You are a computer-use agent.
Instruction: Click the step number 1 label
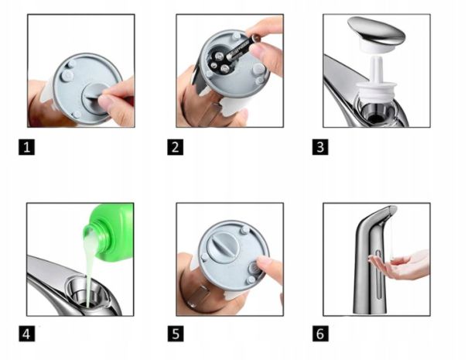pyautogui.click(x=26, y=147)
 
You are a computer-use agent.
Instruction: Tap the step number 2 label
pyautogui.click(x=175, y=147)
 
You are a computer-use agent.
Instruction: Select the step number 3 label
pyautogui.click(x=320, y=147)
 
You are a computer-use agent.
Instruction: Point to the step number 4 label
pyautogui.click(x=26, y=334)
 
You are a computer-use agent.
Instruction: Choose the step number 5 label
pyautogui.click(x=175, y=334)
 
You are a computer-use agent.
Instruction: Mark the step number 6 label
pyautogui.click(x=320, y=334)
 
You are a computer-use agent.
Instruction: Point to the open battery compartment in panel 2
pyautogui.click(x=220, y=60)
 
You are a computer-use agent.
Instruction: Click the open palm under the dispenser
pyautogui.click(x=400, y=265)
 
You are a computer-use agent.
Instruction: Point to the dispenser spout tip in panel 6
pyautogui.click(x=394, y=209)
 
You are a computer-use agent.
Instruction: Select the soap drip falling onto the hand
pyautogui.click(x=391, y=236)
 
